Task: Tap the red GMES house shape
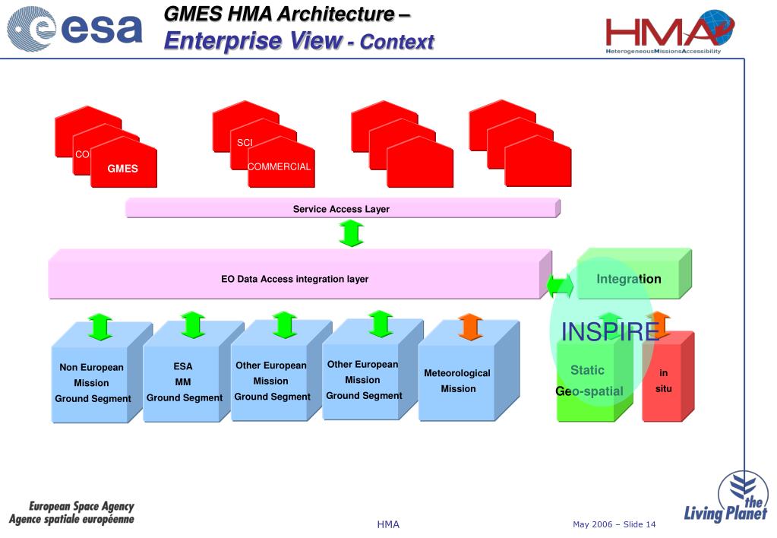[x=123, y=166]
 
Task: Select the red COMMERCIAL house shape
[x=280, y=166]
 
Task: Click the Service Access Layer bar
[x=341, y=209]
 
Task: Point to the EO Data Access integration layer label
[x=295, y=279]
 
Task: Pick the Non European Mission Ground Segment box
[x=92, y=383]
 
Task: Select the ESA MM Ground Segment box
[x=183, y=382]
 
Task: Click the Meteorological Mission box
[x=457, y=381]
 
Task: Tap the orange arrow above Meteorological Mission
[x=470, y=327]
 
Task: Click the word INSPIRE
[x=610, y=332]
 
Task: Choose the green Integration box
[x=629, y=279]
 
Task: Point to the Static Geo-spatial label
[x=589, y=381]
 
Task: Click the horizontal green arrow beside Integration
[x=561, y=286]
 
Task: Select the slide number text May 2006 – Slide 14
[x=614, y=524]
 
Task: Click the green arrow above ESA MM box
[x=193, y=324]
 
